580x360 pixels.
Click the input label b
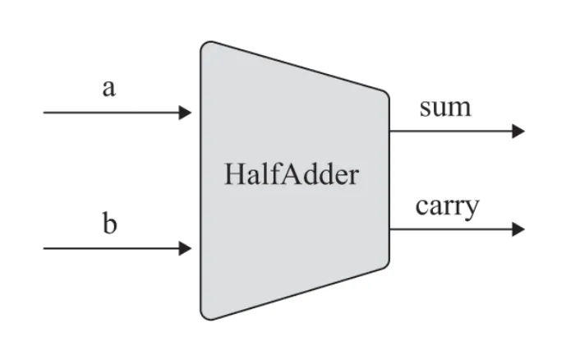[x=109, y=224]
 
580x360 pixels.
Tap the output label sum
[x=445, y=107]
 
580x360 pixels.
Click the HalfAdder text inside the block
[x=291, y=175]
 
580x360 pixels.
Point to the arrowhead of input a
[x=186, y=113]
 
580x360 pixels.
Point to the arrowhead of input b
[x=186, y=247]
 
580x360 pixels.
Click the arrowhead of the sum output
[x=518, y=131]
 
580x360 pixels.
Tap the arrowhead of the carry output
[x=518, y=229]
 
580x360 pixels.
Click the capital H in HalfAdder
[x=232, y=175]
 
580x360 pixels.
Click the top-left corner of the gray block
[x=205, y=44]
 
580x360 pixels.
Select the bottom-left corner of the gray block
[x=205, y=316]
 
